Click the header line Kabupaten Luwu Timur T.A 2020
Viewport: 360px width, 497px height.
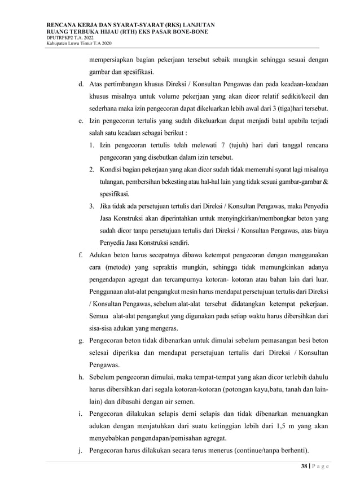[80, 44]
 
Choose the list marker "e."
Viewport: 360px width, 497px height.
[81, 121]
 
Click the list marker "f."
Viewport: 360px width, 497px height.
[81, 254]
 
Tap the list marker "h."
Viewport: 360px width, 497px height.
[81, 377]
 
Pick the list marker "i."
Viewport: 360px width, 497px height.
[81, 414]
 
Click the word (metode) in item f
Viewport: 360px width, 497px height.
[123, 266]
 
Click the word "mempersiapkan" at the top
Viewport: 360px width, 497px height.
[114, 60]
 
